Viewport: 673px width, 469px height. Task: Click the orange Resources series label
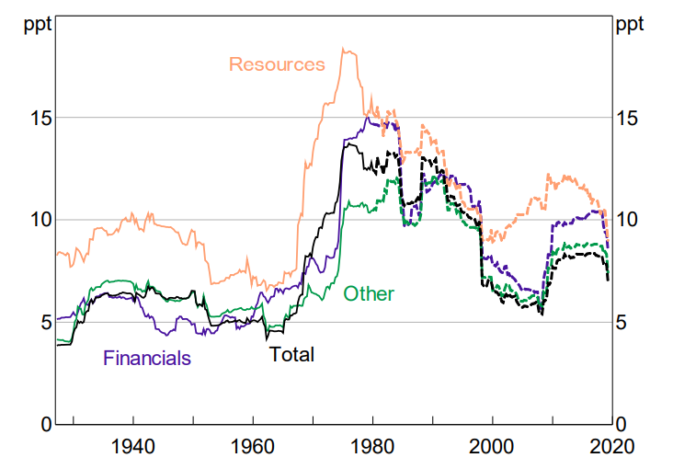[x=277, y=64]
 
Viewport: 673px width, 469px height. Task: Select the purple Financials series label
[x=147, y=359]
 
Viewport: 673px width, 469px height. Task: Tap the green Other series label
[x=368, y=294]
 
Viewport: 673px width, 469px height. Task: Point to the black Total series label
[x=291, y=355]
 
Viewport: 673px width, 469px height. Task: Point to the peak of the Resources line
[x=344, y=49]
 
